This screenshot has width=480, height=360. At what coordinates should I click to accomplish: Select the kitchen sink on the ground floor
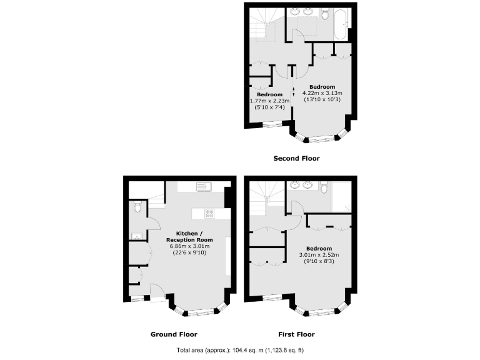pos(202,186)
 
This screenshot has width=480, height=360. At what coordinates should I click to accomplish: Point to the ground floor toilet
pos(137,207)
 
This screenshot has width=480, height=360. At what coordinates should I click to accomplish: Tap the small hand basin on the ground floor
pos(136,236)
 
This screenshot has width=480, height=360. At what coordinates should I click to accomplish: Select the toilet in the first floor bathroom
pos(324,186)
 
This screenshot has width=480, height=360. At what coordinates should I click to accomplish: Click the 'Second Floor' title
pos(296,159)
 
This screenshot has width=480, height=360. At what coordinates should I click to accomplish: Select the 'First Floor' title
pos(296,334)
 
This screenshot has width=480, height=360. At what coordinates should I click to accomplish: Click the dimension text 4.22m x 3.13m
pos(322,93)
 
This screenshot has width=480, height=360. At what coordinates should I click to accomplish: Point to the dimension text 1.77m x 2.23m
pos(269,101)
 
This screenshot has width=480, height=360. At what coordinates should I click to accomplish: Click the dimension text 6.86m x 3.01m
pos(189,246)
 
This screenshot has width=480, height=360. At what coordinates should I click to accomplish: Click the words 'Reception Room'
pos(189,240)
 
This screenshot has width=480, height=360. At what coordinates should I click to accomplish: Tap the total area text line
pos(240,350)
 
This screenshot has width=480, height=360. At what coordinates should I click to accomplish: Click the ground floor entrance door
pos(158,291)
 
